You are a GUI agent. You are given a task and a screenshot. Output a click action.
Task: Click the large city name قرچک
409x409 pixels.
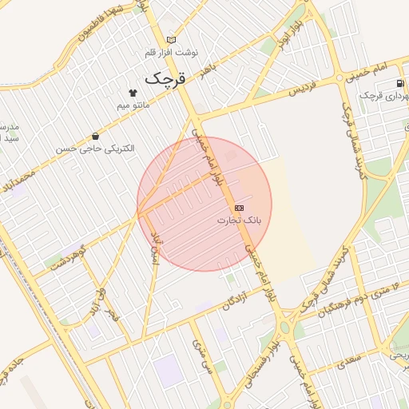click(165, 79)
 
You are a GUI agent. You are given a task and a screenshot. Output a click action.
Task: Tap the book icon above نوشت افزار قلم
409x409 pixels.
click(171, 39)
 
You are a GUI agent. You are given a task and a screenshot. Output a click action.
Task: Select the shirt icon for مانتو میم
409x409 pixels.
click(133, 92)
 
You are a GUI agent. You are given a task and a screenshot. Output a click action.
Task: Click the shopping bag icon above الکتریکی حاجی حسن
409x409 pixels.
click(96, 136)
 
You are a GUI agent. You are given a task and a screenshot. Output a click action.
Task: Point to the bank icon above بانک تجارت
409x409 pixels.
click(240, 207)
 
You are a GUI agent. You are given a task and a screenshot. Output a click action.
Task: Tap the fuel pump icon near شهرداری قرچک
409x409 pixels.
click(399, 83)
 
